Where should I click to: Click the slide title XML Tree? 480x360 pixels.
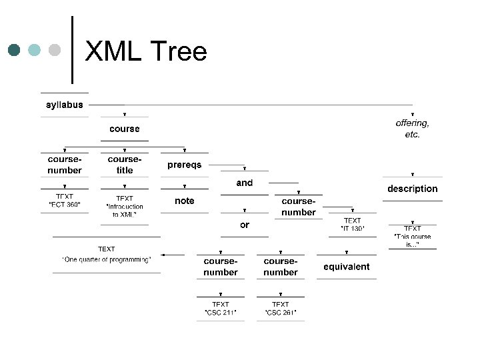(147, 51)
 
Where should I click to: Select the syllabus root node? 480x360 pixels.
(65, 105)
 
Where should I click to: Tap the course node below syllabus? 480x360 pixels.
(125, 129)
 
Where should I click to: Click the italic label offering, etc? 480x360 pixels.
(413, 129)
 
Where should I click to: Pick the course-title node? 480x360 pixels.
(125, 165)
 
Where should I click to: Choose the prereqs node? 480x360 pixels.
(184, 165)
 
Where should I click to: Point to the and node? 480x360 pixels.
(245, 183)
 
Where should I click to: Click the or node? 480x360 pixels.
(245, 225)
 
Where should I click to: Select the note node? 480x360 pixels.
(185, 201)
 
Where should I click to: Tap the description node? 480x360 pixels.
(413, 189)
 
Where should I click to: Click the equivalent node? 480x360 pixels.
(347, 267)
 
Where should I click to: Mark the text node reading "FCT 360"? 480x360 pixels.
(65, 201)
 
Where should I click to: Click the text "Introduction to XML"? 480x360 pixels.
(125, 206)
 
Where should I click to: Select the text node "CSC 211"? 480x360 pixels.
(221, 308)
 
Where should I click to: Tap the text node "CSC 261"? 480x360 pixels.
(281, 308)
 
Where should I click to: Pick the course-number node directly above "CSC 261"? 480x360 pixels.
(281, 267)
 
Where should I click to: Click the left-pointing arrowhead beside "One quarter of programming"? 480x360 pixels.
(164, 255)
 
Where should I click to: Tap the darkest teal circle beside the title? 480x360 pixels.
(14, 50)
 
